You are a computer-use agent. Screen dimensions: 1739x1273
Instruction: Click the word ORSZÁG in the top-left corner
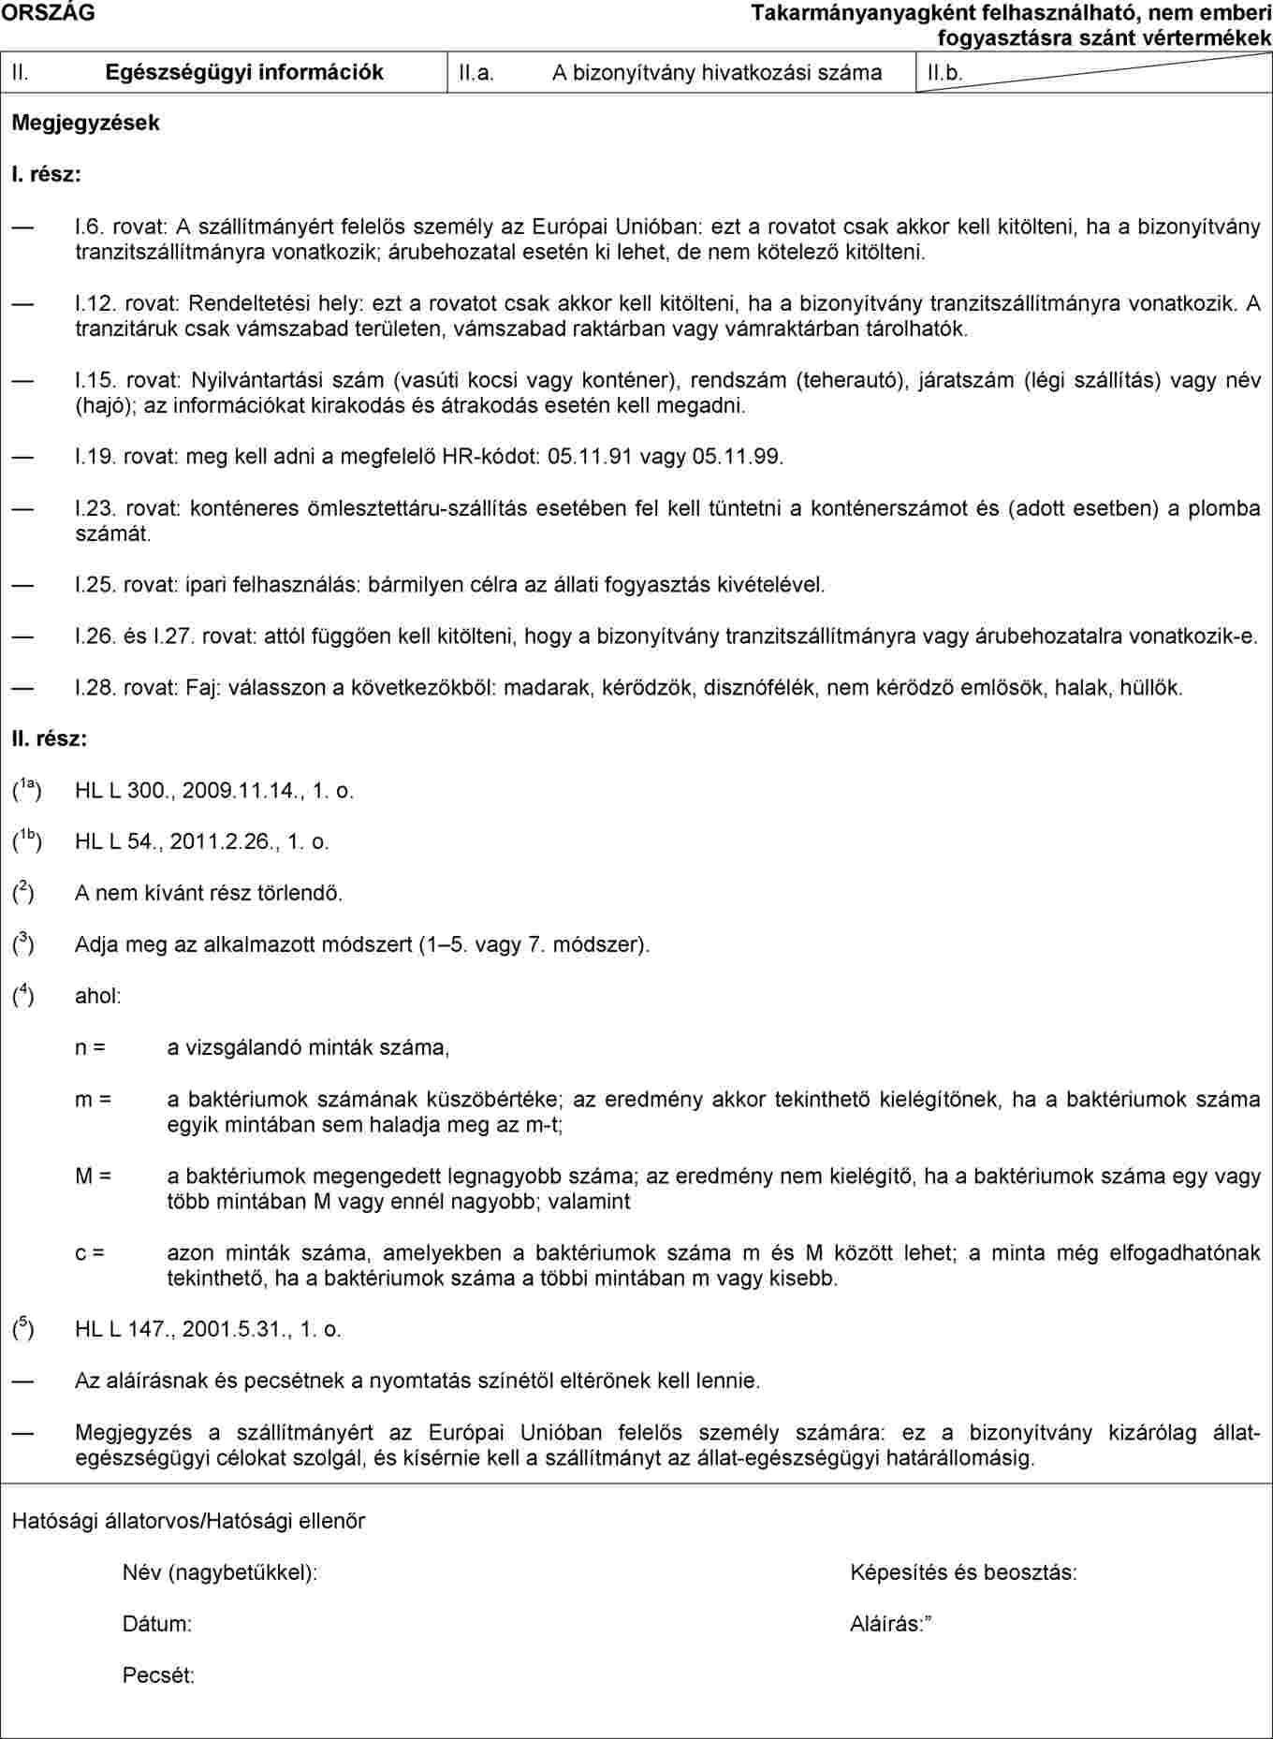click(48, 13)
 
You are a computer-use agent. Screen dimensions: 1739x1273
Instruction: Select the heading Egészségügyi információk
click(244, 73)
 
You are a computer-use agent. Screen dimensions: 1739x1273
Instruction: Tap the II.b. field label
click(944, 73)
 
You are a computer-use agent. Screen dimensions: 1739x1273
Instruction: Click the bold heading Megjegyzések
click(85, 123)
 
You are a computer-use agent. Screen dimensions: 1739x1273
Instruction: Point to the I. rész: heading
click(46, 174)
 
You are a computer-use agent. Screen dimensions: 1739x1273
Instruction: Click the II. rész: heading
click(50, 739)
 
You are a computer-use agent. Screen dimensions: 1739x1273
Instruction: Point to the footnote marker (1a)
click(26, 790)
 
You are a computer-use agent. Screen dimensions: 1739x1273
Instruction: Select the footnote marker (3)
click(23, 943)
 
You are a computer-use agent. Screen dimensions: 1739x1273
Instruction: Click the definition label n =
click(90, 1047)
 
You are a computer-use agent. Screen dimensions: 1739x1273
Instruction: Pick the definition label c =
click(90, 1252)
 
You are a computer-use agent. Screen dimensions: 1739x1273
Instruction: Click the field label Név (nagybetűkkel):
click(220, 1572)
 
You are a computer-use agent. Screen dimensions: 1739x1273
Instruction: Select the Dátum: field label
click(157, 1624)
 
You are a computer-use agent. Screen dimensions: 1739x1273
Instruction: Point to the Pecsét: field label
click(159, 1675)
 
